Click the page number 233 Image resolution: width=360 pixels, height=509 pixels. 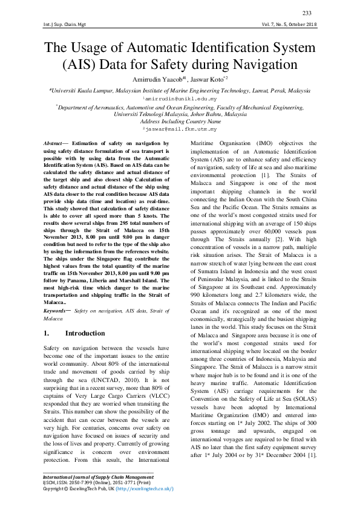pos(307,13)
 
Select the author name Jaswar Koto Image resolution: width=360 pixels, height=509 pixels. pos(204,79)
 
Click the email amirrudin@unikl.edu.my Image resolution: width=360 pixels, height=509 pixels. pos(180,97)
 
